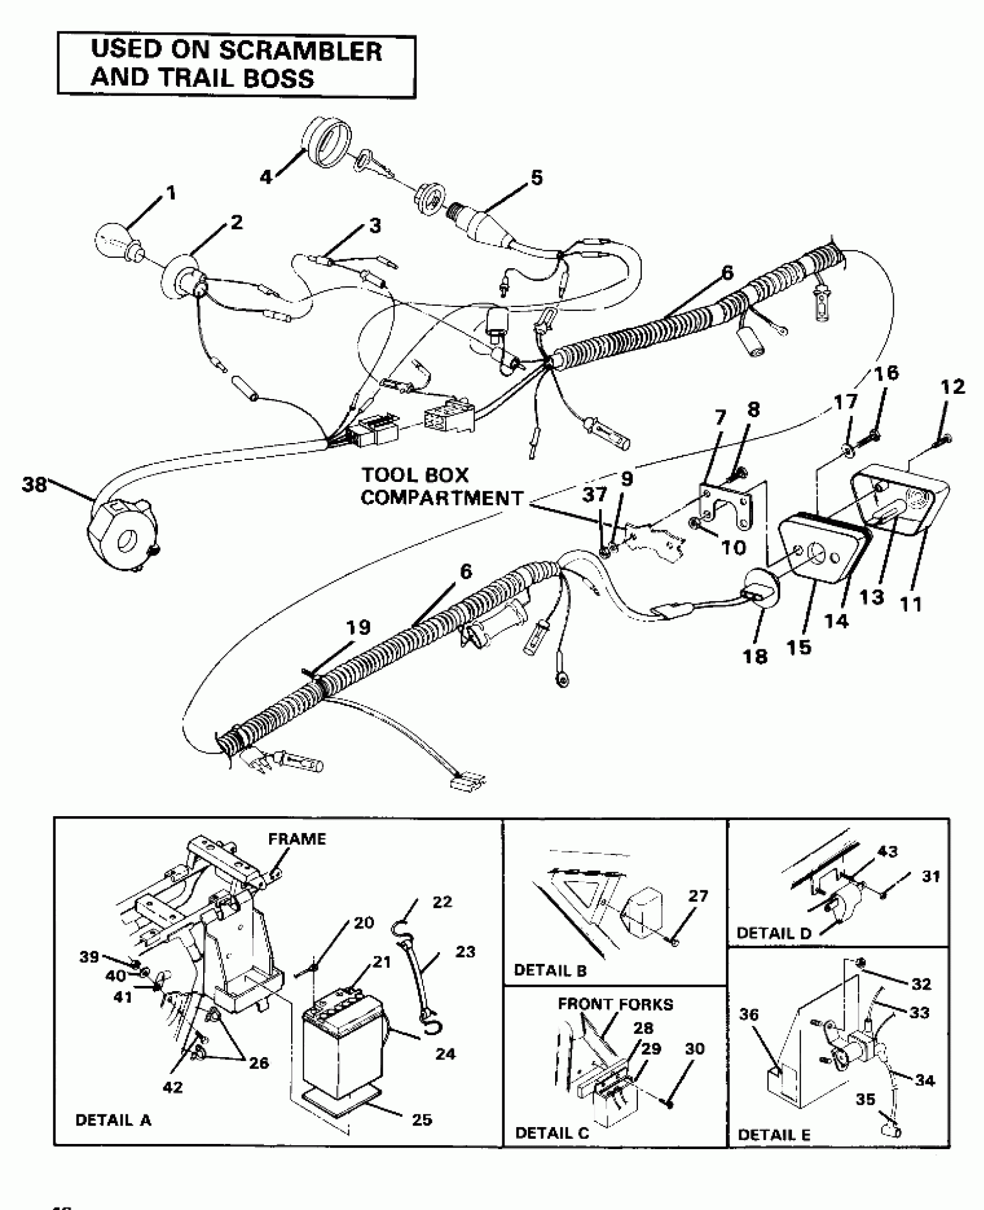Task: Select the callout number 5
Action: click(x=537, y=178)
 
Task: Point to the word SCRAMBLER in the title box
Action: click(x=300, y=51)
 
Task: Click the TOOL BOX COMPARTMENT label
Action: click(x=441, y=487)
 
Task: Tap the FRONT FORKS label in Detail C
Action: click(x=615, y=1004)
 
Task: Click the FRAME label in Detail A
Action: click(x=297, y=838)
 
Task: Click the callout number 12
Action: click(x=953, y=386)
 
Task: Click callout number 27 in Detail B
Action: click(x=698, y=896)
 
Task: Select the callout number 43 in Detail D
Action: click(x=887, y=851)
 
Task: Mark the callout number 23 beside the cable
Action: click(x=465, y=951)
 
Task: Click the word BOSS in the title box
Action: click(x=279, y=78)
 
